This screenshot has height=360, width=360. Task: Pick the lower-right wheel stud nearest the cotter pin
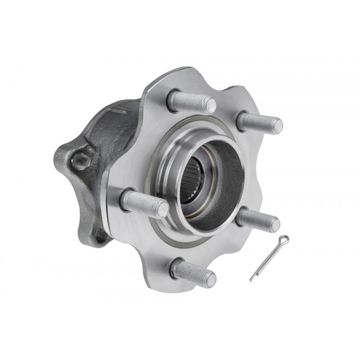tap(257, 220)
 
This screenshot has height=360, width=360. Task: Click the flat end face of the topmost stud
tap(209, 106)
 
